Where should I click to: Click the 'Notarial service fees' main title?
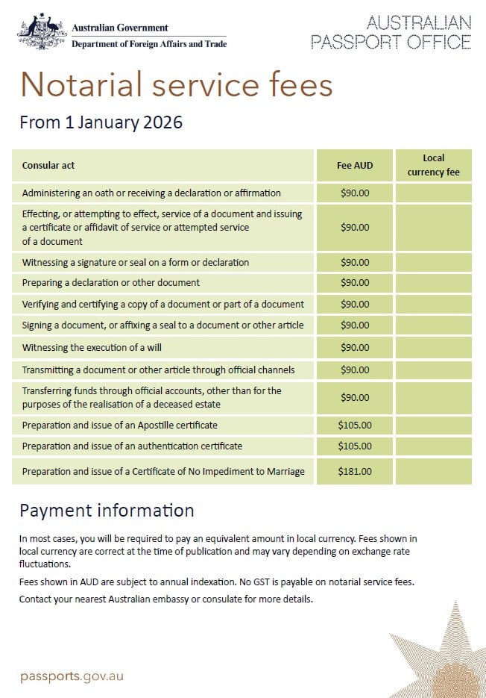click(x=176, y=84)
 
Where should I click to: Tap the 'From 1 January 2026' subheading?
click(x=101, y=122)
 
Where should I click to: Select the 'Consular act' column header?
click(x=48, y=165)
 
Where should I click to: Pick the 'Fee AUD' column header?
click(x=355, y=165)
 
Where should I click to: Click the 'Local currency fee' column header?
click(x=433, y=165)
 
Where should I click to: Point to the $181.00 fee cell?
click(x=355, y=471)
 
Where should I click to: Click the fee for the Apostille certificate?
click(x=355, y=425)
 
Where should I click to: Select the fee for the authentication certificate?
click(x=355, y=446)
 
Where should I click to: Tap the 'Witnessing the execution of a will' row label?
click(x=92, y=347)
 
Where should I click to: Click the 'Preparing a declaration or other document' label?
click(x=111, y=283)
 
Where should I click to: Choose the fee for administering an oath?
click(x=355, y=193)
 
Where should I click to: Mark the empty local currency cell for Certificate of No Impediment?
click(x=433, y=471)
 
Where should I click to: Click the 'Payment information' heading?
click(x=107, y=511)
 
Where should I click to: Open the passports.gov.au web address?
click(x=72, y=676)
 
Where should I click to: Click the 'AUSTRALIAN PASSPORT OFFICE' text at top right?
click(x=391, y=31)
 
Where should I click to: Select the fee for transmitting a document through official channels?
click(x=355, y=370)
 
